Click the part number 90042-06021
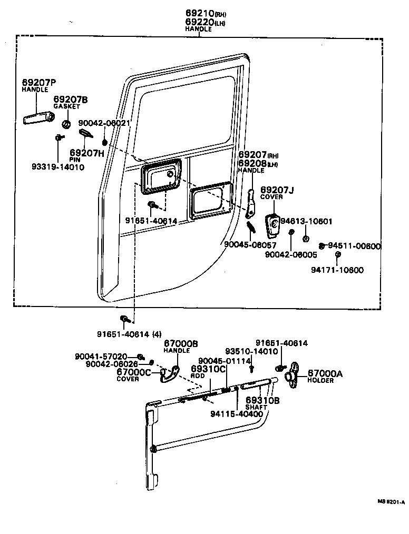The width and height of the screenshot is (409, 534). (x=104, y=123)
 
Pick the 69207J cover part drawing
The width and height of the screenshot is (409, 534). (x=273, y=224)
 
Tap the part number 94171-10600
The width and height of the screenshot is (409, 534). (x=337, y=270)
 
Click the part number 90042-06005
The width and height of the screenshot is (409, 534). (x=291, y=254)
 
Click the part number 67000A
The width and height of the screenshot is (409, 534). (x=325, y=374)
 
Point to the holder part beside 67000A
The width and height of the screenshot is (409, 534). (x=293, y=375)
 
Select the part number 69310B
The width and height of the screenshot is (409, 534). (x=262, y=400)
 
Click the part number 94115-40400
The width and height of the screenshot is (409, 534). (x=236, y=414)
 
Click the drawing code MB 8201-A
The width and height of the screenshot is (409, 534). (x=391, y=502)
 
